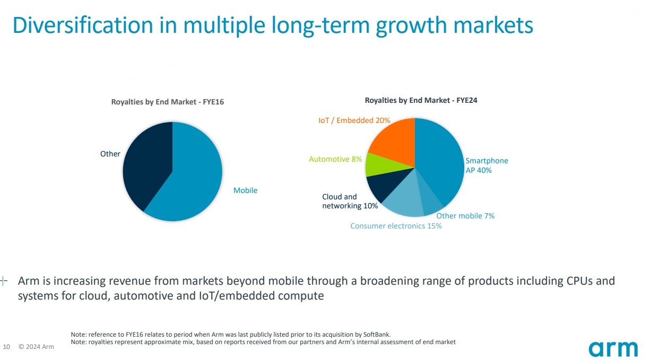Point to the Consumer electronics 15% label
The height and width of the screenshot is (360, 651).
point(396,226)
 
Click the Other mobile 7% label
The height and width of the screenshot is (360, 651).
point(465,216)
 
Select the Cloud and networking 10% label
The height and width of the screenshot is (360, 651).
point(350,201)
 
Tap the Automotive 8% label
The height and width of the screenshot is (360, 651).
point(335,159)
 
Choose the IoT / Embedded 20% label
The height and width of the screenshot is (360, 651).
point(354,120)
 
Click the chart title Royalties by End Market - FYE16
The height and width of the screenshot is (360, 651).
point(167,102)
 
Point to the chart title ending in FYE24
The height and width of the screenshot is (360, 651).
point(421,100)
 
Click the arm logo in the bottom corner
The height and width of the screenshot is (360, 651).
point(613,349)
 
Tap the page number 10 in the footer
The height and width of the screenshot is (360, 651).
point(7,347)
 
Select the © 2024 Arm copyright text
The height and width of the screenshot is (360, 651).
point(36,347)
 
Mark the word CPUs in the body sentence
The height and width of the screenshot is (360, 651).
point(580,280)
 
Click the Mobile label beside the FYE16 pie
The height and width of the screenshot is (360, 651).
point(245,190)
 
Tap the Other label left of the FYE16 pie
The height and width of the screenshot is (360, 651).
point(110,154)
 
